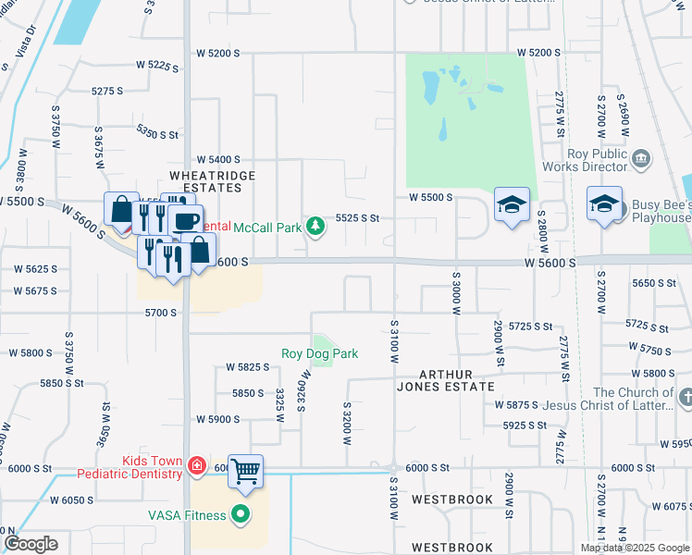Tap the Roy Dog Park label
click(319, 353)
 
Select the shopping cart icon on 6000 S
click(245, 471)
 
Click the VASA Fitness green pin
click(241, 513)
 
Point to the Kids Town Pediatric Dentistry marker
click(196, 465)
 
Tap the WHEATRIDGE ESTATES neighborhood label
click(205, 180)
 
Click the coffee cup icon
click(185, 222)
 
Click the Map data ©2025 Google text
click(636, 548)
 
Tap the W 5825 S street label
click(247, 367)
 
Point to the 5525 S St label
click(358, 218)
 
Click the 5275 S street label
click(107, 91)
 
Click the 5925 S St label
click(525, 425)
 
